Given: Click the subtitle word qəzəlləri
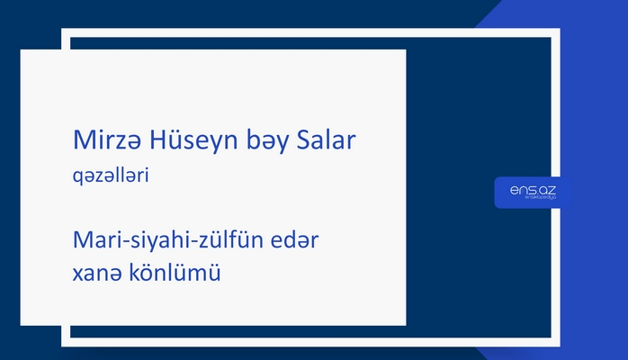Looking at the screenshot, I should [110, 178].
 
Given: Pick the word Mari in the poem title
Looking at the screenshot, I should [93, 241].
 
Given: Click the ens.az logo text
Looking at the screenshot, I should [533, 190].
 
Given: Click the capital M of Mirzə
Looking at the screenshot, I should [81, 140].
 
